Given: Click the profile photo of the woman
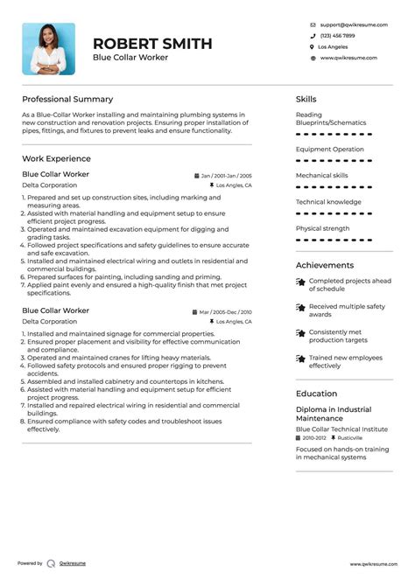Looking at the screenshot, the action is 48,49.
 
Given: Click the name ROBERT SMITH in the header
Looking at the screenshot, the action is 152,44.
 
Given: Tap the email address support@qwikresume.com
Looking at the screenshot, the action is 348,24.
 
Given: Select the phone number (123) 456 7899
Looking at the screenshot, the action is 337,36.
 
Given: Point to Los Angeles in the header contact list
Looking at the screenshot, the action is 333,46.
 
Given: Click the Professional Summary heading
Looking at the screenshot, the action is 67,99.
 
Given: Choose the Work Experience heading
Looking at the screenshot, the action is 56,158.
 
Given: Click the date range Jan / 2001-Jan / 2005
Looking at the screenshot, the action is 225,176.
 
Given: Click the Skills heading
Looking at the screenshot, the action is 306,99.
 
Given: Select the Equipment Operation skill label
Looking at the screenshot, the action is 330,149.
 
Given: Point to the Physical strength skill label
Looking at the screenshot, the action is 322,228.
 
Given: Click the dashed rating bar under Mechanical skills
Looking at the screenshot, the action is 334,187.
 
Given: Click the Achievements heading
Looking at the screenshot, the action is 325,265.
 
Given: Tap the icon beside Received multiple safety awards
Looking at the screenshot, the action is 300,308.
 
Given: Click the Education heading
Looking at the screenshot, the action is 317,394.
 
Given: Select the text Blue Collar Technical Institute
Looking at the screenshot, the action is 341,429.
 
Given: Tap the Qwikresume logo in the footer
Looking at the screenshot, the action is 52,563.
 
